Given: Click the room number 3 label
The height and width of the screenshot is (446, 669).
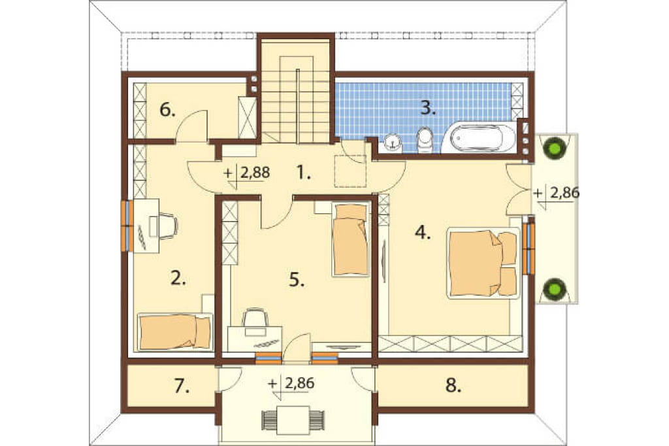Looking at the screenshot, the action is (428, 109).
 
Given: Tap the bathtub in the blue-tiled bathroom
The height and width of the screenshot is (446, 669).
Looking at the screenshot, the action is (479, 137).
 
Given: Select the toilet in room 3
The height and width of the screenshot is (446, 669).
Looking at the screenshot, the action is (425, 140).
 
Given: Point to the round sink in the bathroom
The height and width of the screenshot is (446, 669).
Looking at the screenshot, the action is (393, 143).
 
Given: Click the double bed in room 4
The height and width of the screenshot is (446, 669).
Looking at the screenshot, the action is (483, 263).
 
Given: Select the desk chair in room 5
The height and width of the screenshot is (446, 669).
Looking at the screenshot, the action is (255, 320).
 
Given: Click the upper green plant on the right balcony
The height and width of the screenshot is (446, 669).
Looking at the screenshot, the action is (555, 148).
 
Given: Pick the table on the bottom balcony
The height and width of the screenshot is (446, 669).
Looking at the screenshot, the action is (293, 420).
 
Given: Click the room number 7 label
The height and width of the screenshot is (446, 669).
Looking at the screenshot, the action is (182, 387).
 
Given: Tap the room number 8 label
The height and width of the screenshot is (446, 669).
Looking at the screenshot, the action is (453, 386).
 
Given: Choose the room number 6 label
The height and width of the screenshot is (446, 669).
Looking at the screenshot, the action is (167, 111).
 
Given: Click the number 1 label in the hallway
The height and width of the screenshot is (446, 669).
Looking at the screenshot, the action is (303, 173).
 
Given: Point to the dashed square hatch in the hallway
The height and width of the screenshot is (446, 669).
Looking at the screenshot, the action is (350, 171).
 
